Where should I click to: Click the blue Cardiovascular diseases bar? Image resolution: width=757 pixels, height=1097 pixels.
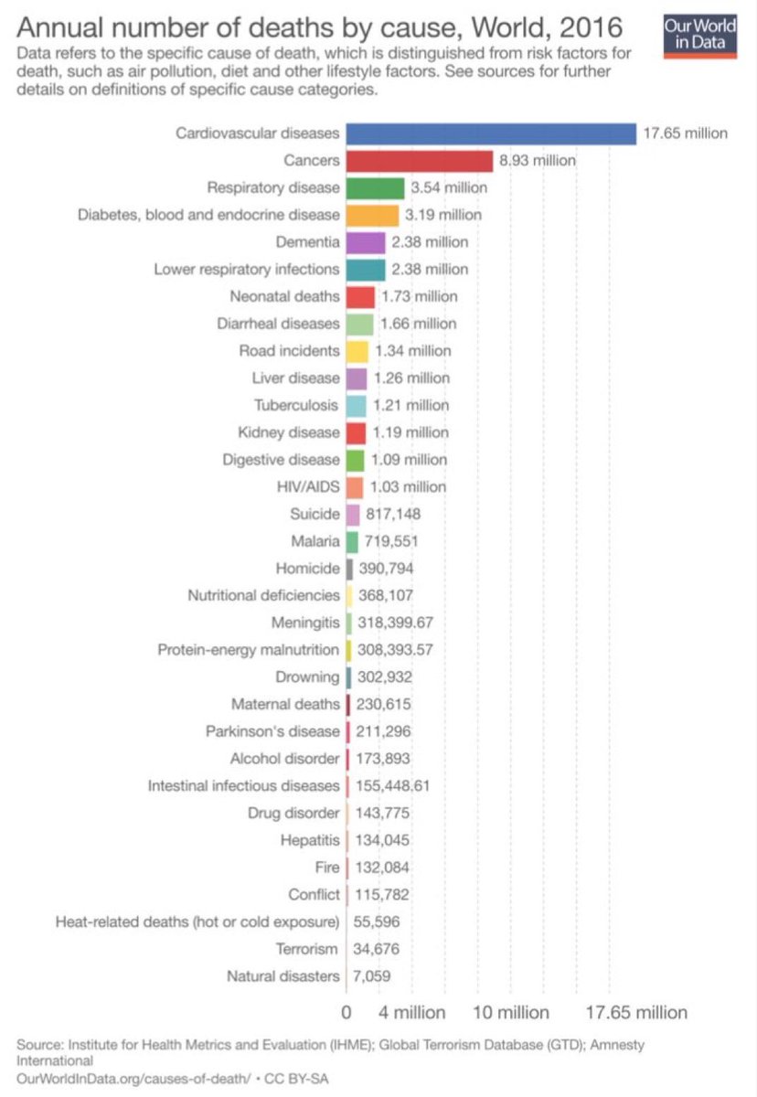coord(490,133)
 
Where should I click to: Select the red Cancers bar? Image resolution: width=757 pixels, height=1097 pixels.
coord(419,161)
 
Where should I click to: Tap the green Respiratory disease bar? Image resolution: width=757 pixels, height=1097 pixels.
coord(375,188)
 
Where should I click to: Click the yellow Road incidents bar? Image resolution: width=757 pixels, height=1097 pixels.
coord(357,351)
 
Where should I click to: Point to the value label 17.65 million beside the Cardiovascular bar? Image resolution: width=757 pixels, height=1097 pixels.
coord(685,133)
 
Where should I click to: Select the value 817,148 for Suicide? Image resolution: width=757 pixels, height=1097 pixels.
coord(392,514)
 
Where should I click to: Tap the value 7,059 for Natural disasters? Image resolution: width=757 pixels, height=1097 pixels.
coord(371,976)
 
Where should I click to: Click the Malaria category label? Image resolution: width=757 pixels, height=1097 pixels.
coord(314,541)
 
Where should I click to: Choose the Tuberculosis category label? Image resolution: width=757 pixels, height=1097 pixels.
coord(295,405)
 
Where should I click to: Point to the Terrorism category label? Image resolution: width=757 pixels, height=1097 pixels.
coord(306,949)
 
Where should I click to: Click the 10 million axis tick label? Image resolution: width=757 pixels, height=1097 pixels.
coord(510,1013)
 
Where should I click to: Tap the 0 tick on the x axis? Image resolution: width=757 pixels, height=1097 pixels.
coord(346,1013)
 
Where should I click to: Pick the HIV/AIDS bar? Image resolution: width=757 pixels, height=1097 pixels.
coord(355,487)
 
